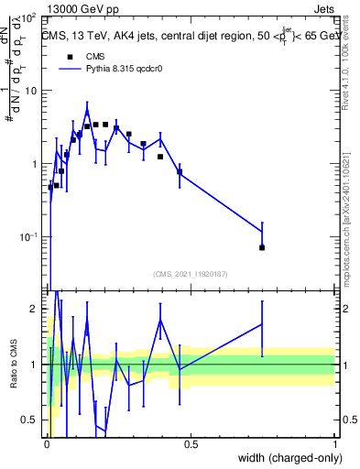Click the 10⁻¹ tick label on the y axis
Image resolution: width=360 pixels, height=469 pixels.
click(x=27, y=237)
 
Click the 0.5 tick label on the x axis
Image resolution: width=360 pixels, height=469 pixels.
click(x=191, y=444)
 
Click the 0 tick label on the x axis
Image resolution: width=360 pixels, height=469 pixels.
click(x=48, y=444)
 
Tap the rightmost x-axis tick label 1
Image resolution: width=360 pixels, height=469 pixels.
click(x=334, y=444)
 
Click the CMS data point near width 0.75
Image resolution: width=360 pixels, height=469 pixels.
click(x=262, y=247)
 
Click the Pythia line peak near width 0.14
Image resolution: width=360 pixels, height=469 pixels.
click(x=87, y=104)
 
